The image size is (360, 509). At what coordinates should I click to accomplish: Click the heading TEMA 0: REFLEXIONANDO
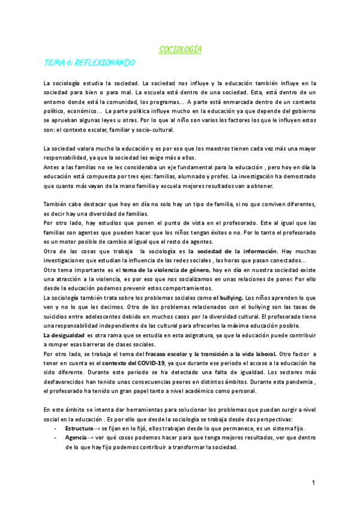[89, 62]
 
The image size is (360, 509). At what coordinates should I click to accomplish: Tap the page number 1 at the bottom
[314, 482]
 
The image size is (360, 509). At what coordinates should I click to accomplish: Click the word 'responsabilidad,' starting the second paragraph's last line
[68, 158]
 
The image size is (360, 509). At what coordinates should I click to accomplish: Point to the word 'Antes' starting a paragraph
[53, 167]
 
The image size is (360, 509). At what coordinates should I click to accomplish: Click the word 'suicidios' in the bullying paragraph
[59, 316]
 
